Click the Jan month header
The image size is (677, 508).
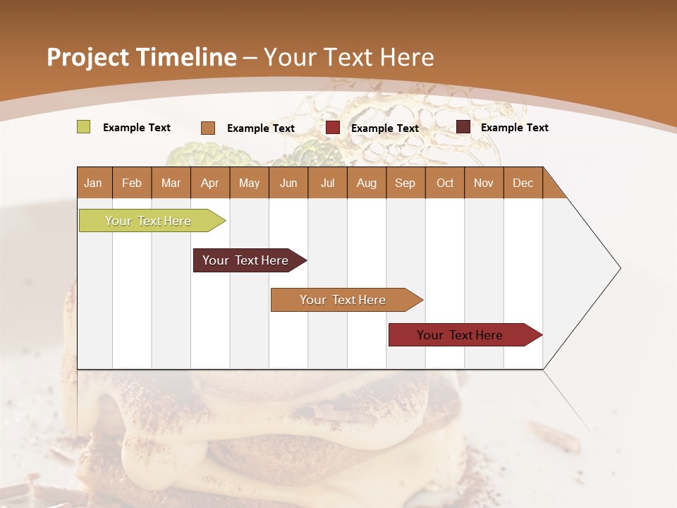(x=94, y=183)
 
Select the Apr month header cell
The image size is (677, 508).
(x=210, y=183)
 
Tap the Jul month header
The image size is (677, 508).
(x=327, y=183)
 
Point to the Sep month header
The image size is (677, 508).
(x=405, y=183)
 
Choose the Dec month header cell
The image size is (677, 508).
(x=523, y=183)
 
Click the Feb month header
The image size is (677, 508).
(x=132, y=183)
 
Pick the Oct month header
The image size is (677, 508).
(x=445, y=183)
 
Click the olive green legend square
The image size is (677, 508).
(x=83, y=127)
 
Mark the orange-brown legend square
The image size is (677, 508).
(x=207, y=128)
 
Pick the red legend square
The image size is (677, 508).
(x=333, y=128)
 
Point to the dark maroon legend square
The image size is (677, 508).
(x=463, y=127)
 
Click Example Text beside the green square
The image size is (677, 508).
(x=137, y=128)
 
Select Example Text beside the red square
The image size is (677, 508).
(x=385, y=128)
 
